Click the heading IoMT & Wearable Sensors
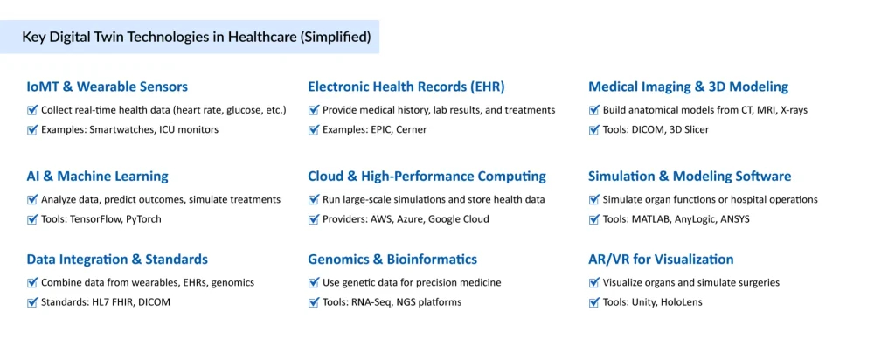click(x=107, y=87)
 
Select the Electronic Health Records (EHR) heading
click(x=406, y=87)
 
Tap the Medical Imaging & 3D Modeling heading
click(x=688, y=87)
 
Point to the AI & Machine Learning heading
click(x=97, y=176)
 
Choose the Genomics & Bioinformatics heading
click(x=392, y=259)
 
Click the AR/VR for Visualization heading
click(x=661, y=259)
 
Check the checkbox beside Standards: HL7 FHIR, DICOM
click(x=32, y=302)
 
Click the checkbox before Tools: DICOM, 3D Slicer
click(x=594, y=129)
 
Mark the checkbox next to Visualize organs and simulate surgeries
click(x=594, y=282)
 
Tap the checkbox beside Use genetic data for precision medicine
click(x=314, y=282)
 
